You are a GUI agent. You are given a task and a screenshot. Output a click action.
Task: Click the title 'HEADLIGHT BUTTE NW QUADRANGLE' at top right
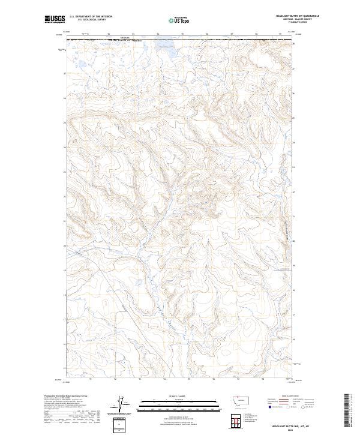click(298, 16)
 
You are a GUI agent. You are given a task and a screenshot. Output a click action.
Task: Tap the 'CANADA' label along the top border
click(124, 37)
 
